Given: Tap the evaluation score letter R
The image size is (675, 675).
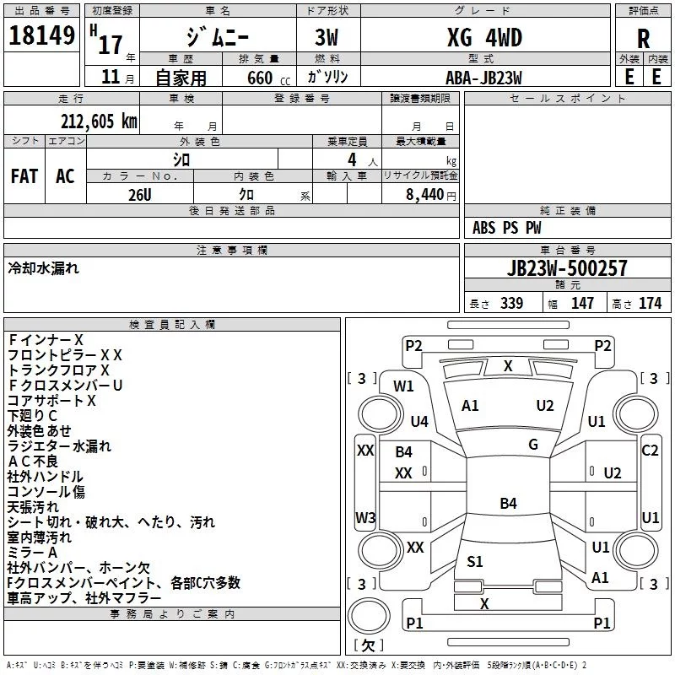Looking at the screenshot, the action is pyautogui.click(x=643, y=39).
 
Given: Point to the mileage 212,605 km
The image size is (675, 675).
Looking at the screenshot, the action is pyautogui.click(x=98, y=121).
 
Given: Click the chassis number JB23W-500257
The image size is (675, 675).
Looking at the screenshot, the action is pyautogui.click(x=567, y=269).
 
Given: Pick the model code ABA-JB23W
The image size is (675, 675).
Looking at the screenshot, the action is pyautogui.click(x=483, y=77).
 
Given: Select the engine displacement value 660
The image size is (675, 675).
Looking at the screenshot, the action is pyautogui.click(x=258, y=78).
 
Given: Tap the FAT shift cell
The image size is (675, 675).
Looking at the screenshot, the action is pyautogui.click(x=24, y=176).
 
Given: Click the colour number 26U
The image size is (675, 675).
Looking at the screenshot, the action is pyautogui.click(x=139, y=193).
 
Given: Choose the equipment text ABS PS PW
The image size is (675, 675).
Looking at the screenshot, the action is pyautogui.click(x=506, y=228).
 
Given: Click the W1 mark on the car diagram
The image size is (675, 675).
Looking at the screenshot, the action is pyautogui.click(x=403, y=386).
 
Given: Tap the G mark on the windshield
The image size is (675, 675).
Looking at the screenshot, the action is pyautogui.click(x=533, y=445).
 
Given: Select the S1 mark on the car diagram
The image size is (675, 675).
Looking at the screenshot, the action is pyautogui.click(x=475, y=562).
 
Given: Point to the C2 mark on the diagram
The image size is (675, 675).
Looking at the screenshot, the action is pyautogui.click(x=650, y=451).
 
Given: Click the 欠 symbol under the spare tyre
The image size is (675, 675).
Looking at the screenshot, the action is pyautogui.click(x=367, y=645).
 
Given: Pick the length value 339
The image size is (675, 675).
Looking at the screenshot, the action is pyautogui.click(x=510, y=304).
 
